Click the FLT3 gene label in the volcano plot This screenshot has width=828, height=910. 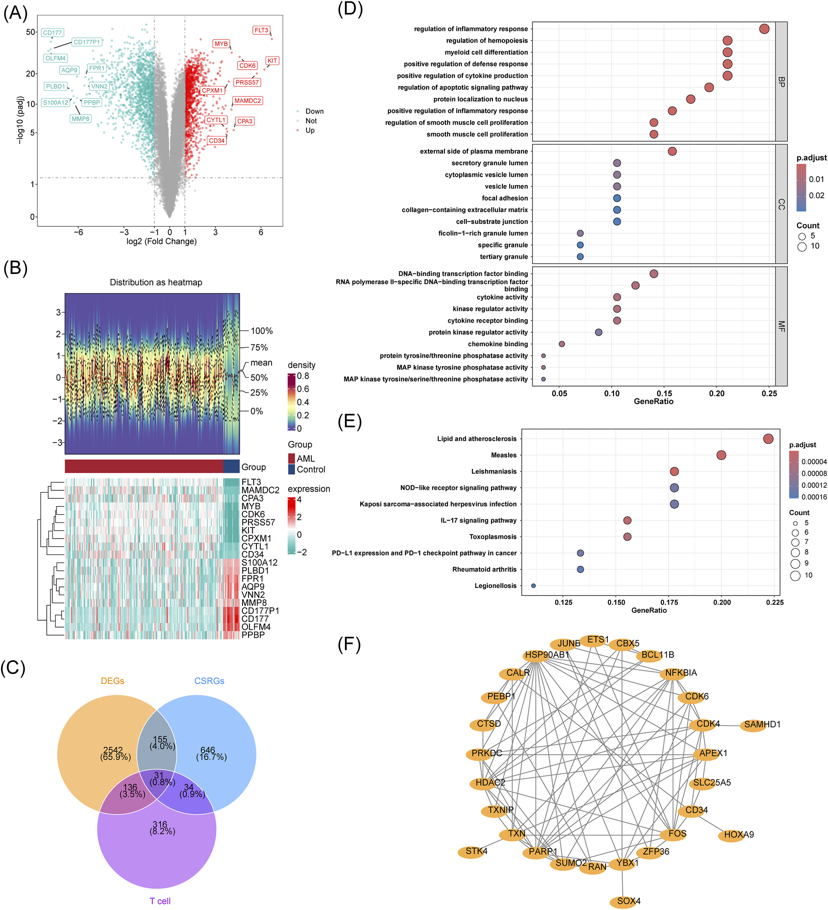[261, 30]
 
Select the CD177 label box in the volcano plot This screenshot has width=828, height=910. [52, 33]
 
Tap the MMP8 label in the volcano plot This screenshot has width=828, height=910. [80, 119]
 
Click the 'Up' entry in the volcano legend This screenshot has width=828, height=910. [310, 130]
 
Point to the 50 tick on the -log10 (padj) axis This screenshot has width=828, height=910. [31, 32]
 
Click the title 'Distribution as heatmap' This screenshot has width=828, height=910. [156, 282]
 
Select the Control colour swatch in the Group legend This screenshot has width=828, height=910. [292, 469]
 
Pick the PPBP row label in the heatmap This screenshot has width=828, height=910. [253, 635]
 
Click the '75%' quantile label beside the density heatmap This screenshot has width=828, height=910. [259, 347]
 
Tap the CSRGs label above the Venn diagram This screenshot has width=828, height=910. [209, 681]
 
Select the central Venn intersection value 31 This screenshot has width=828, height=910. [159, 775]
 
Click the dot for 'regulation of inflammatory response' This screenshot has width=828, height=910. [764, 29]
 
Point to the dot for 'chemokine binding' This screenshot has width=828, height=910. [562, 344]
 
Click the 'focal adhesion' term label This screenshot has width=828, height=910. [505, 198]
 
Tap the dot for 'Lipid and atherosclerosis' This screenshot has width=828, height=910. [768, 438]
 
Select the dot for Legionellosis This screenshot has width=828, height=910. [533, 586]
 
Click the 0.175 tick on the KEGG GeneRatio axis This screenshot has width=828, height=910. [669, 602]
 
